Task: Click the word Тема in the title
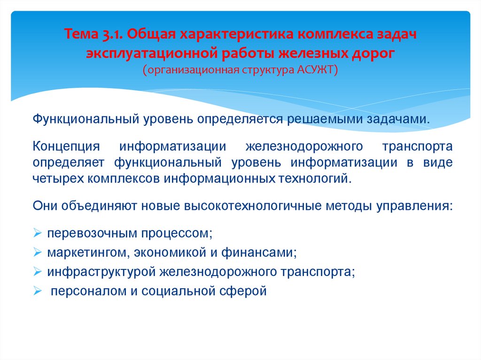[81, 36]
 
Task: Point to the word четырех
[54, 178]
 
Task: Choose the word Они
[46, 206]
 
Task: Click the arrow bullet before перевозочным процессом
[38, 233]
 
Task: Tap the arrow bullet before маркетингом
[38, 253]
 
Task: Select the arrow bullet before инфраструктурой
[38, 272]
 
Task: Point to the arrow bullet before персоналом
[38, 291]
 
